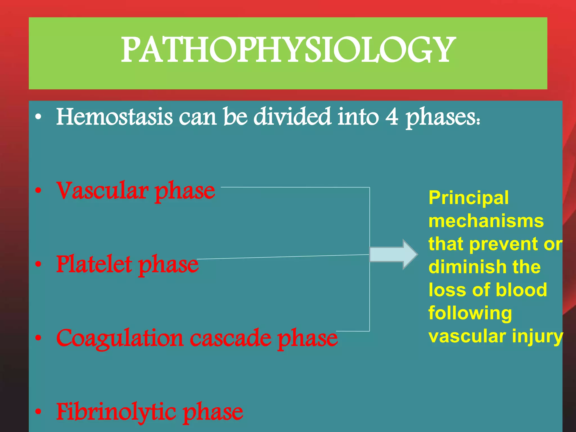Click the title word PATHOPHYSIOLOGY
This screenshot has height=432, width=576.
pos(288,50)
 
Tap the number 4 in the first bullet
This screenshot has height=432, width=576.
pos(391,117)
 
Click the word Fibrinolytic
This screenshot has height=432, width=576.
pos(116,412)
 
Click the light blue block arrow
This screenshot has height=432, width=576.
pos(393,255)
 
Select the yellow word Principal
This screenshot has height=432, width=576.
pos(469,198)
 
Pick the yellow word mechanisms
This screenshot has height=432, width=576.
pos(486,221)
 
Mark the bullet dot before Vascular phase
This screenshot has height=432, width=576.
pos(38,191)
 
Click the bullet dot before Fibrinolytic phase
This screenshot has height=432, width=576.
pos(38,412)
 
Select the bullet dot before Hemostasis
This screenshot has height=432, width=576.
pos(38,117)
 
